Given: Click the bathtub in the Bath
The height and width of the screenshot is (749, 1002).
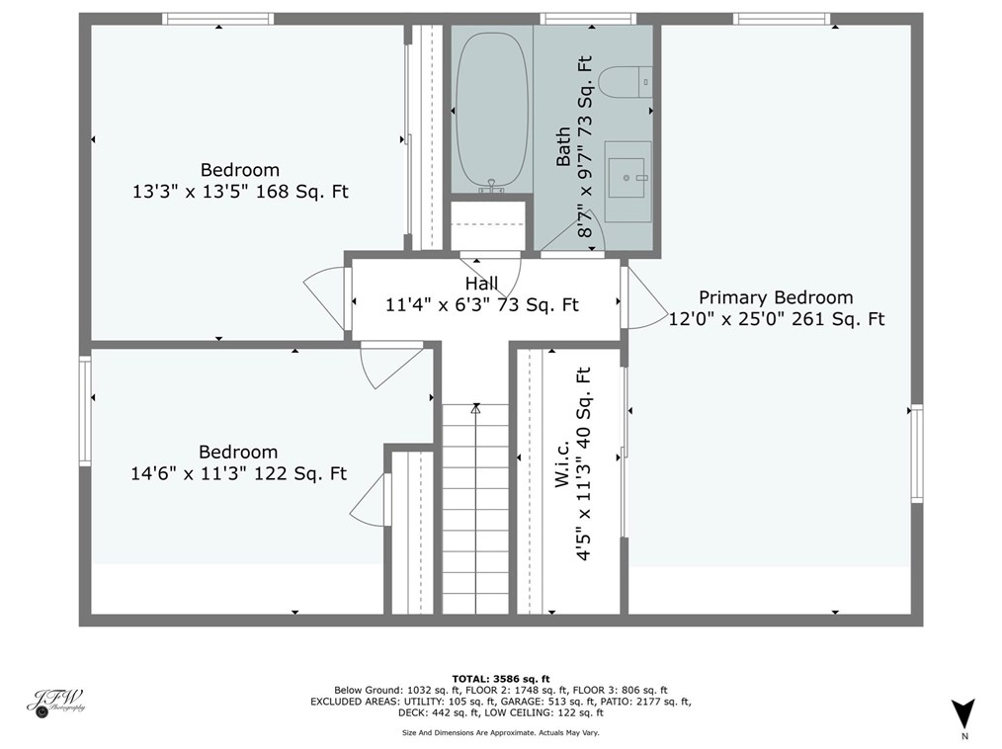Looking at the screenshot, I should pyautogui.click(x=491, y=111).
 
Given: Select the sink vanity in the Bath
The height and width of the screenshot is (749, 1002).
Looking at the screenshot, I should pyautogui.click(x=627, y=181).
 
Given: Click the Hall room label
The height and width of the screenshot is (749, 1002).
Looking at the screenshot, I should pyautogui.click(x=481, y=284).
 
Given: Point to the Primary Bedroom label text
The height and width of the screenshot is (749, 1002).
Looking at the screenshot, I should pyautogui.click(x=776, y=297).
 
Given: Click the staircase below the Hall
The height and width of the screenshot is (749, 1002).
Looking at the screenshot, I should pyautogui.click(x=475, y=509).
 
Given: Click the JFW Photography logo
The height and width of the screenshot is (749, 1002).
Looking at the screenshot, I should pyautogui.click(x=55, y=702).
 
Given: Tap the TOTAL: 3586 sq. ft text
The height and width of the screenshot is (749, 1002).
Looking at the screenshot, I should pyautogui.click(x=500, y=678).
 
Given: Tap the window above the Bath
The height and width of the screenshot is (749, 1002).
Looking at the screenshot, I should pyautogui.click(x=587, y=18).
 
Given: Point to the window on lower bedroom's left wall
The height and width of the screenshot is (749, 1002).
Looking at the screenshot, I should pyautogui.click(x=85, y=410).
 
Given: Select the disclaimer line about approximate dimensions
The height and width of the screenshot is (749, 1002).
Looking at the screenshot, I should pyautogui.click(x=500, y=732).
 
